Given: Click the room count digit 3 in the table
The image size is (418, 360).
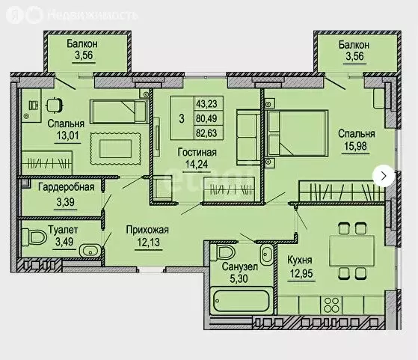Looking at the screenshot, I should tap(181, 118).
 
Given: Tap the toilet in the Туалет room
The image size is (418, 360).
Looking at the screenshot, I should tap(35, 238).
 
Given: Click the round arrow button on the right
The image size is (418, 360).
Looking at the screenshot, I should tap(384, 175).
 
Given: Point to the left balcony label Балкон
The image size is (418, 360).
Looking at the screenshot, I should tap(82, 43).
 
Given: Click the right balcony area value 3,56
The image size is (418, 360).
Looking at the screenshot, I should tap(352, 57).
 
